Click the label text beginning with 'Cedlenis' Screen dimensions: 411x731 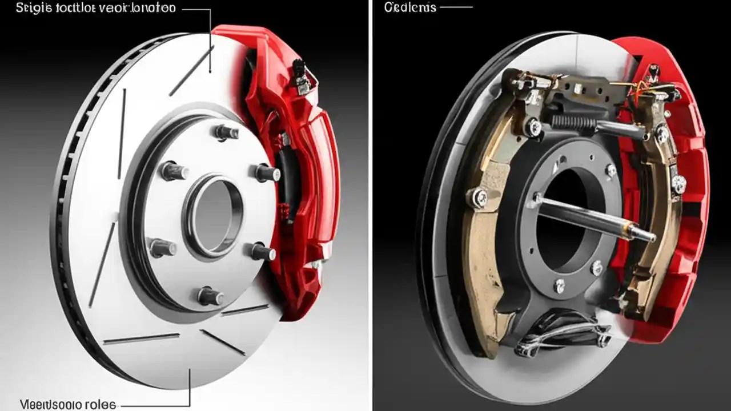coord(410,7)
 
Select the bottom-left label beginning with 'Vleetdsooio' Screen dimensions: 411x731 coord(67,405)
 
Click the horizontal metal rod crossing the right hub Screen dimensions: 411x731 coord(594,220)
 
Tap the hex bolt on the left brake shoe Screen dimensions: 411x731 coord(479,198)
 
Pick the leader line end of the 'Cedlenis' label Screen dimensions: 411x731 coord(471,7)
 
